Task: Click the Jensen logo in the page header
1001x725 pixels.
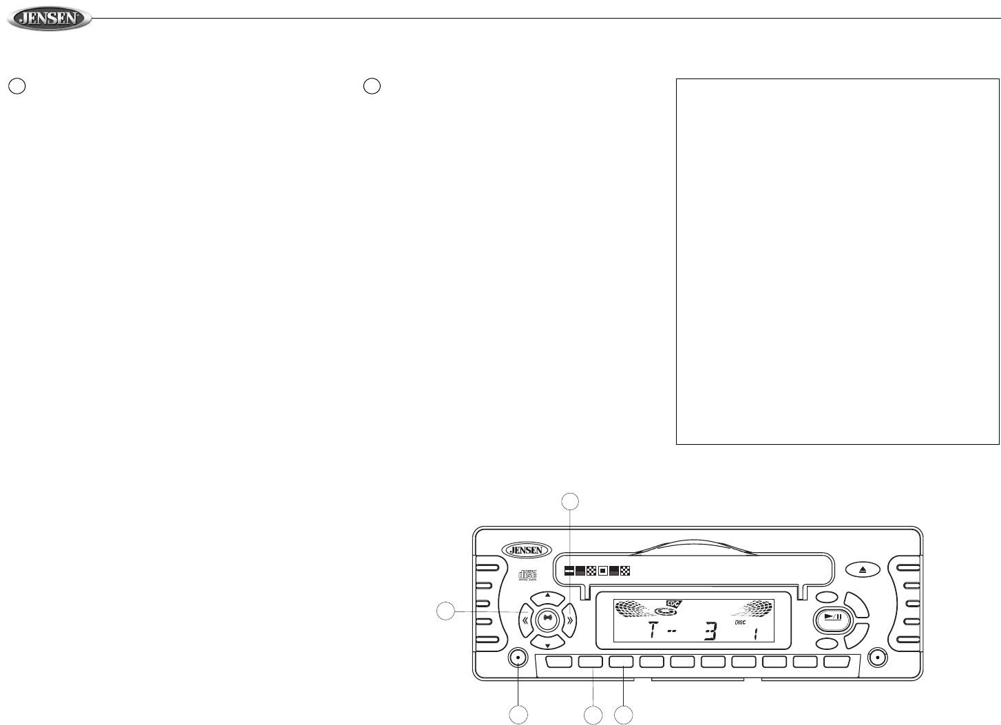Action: pyautogui.click(x=49, y=19)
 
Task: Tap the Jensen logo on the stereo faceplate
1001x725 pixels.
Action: pyautogui.click(x=527, y=549)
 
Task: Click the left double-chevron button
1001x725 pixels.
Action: pyautogui.click(x=525, y=619)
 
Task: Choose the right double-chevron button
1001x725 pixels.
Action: pyautogui.click(x=569, y=619)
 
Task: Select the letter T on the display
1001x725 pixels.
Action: pyautogui.click(x=651, y=630)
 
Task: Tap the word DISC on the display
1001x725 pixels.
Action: pyautogui.click(x=740, y=622)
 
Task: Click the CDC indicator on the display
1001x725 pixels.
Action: pyautogui.click(x=673, y=603)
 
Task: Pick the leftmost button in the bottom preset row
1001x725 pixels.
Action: pyautogui.click(x=560, y=662)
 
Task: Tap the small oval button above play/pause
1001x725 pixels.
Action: pyautogui.click(x=827, y=598)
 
